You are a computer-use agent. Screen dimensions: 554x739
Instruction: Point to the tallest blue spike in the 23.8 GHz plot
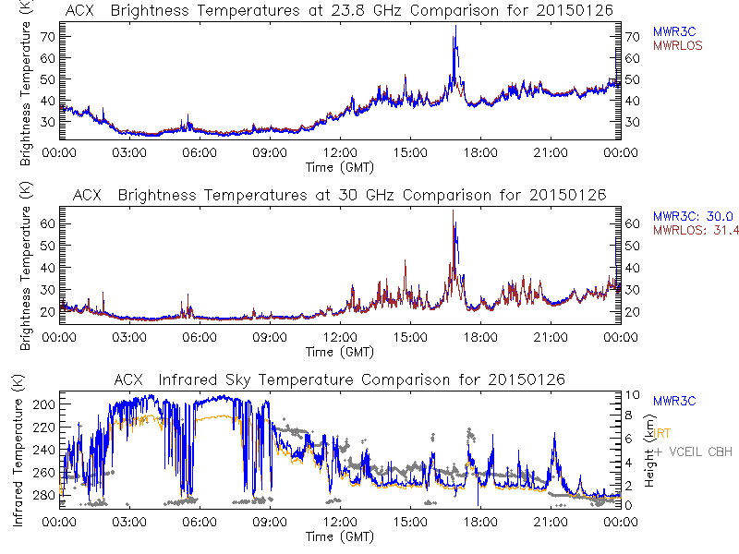pyautogui.click(x=455, y=28)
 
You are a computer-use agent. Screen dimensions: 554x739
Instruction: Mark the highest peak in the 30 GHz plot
pyautogui.click(x=453, y=211)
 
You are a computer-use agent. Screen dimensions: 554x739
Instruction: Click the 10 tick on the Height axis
pyautogui.click(x=630, y=395)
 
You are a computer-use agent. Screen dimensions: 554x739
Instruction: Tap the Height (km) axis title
pyautogui.click(x=649, y=450)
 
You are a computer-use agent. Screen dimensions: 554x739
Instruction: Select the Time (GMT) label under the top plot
pyautogui.click(x=338, y=167)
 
